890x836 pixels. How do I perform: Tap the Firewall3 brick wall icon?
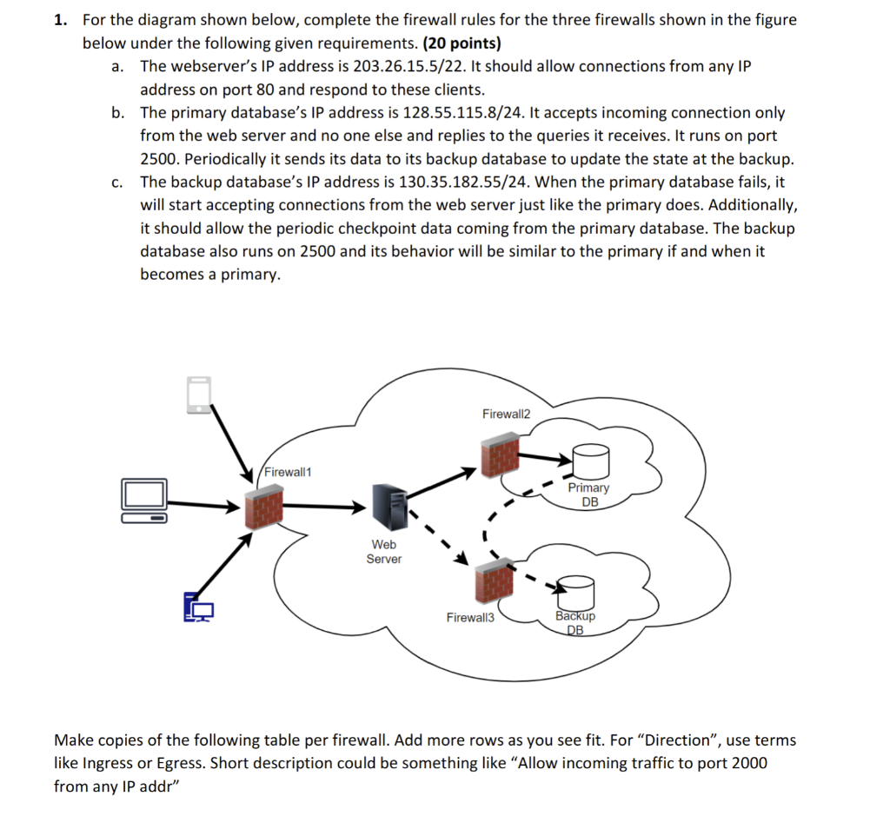pos(494,581)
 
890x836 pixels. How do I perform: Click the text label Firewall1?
pos(289,472)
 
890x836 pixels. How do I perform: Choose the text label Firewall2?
pos(506,414)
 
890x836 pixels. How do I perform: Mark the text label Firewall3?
pos(470,618)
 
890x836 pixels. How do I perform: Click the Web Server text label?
pos(383,552)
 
